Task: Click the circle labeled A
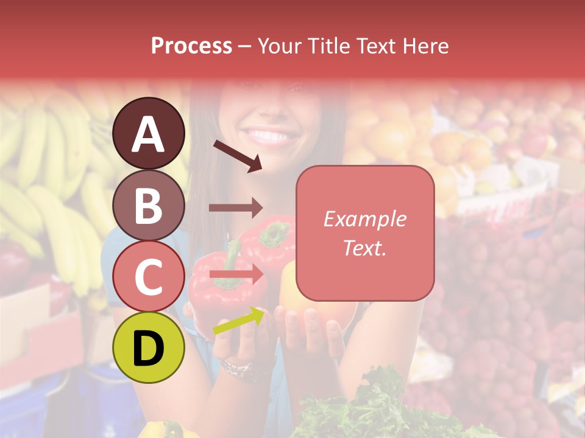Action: (148, 133)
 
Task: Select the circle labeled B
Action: (148, 205)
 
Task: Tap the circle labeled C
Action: (148, 276)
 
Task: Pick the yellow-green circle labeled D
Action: (148, 347)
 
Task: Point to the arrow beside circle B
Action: (236, 207)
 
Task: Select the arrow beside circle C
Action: (237, 275)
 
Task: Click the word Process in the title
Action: (191, 46)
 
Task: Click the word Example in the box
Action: (364, 219)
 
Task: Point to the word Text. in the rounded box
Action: (364, 248)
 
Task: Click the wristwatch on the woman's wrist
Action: (238, 368)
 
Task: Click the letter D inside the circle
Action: (148, 349)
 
